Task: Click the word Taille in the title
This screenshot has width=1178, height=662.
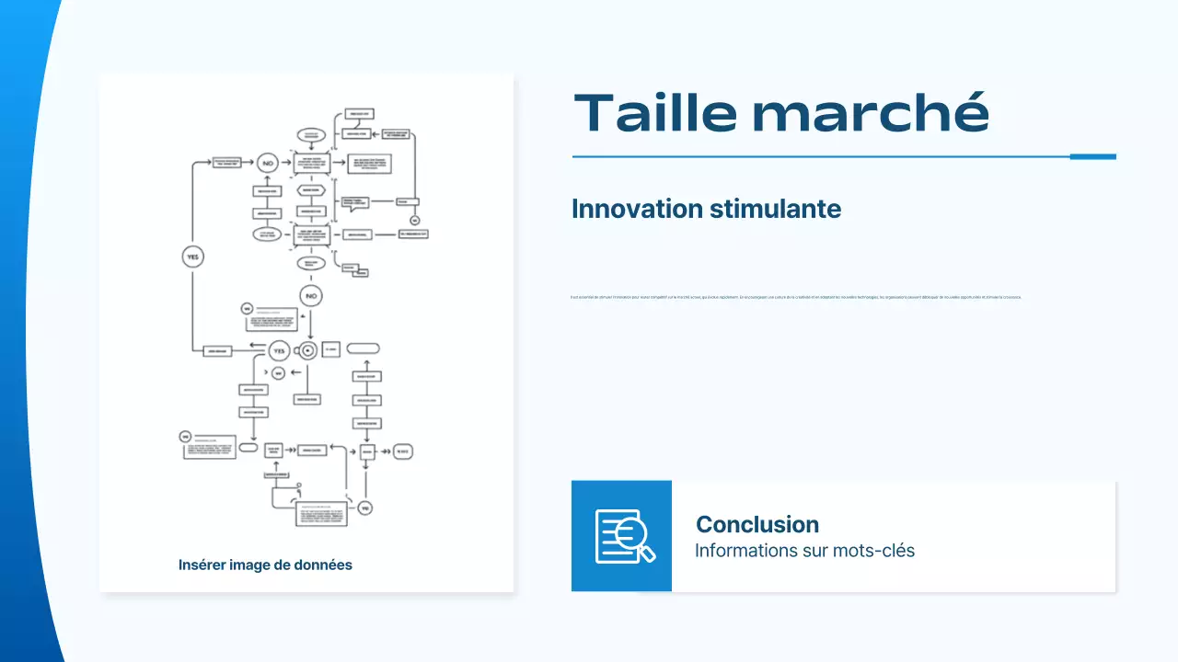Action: pyautogui.click(x=655, y=113)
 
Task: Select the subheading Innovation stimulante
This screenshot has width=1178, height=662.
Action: pyautogui.click(x=706, y=209)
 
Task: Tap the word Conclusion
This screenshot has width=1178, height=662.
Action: pyautogui.click(x=756, y=524)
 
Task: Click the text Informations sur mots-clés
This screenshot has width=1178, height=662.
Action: pyautogui.click(x=803, y=551)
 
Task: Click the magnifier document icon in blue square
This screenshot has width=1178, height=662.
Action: pyautogui.click(x=623, y=536)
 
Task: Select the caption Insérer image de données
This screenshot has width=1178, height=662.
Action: pyautogui.click(x=265, y=565)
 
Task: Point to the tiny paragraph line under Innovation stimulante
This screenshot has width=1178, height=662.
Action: pyautogui.click(x=796, y=297)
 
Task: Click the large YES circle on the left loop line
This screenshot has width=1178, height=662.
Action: pyautogui.click(x=192, y=257)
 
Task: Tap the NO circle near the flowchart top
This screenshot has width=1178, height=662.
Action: pyautogui.click(x=268, y=163)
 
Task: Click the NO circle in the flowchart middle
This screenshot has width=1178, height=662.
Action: pyautogui.click(x=311, y=296)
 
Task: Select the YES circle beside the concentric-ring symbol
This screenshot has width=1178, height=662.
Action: pyautogui.click(x=280, y=349)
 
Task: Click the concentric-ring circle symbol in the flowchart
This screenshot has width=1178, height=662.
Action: pyautogui.click(x=307, y=349)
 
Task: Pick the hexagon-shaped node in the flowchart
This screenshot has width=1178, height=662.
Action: pyautogui.click(x=311, y=189)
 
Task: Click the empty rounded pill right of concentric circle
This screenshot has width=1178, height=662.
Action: pyautogui.click(x=363, y=348)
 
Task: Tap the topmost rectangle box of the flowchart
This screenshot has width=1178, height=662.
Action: pyautogui.click(x=356, y=114)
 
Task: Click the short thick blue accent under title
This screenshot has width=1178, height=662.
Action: pyautogui.click(x=1092, y=156)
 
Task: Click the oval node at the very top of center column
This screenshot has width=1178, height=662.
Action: pyautogui.click(x=311, y=135)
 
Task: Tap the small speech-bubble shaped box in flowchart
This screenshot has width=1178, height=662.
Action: pyautogui.click(x=354, y=202)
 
